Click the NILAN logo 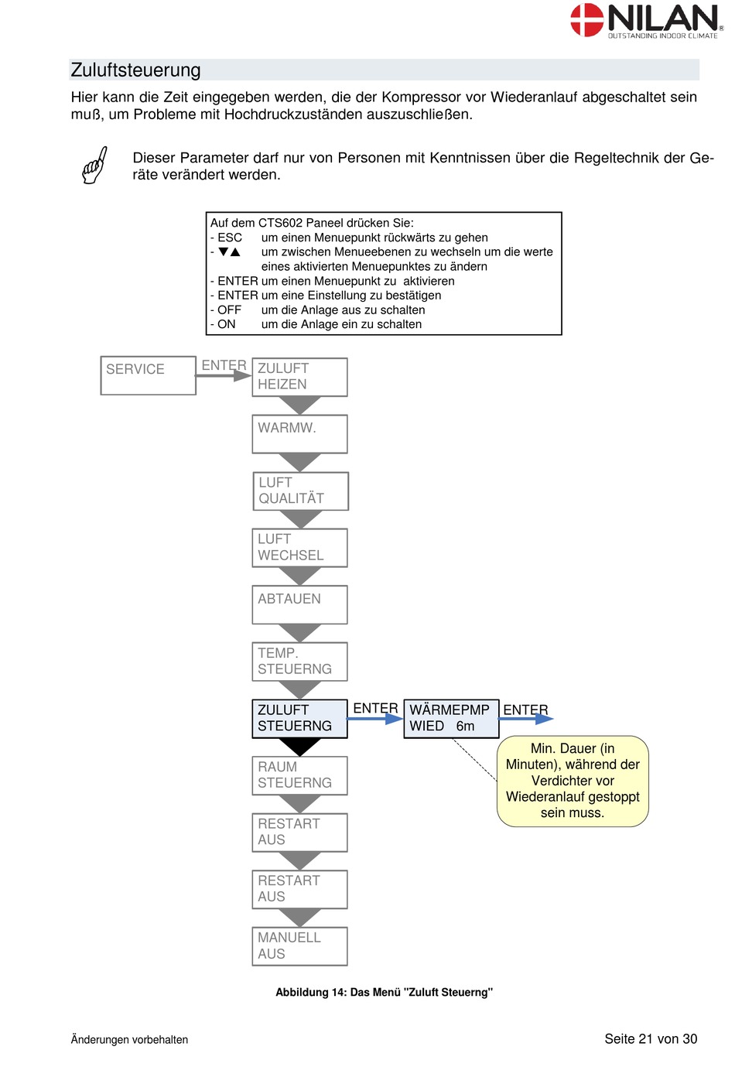coord(646,21)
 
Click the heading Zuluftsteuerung coord(135,70)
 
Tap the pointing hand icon coord(94,165)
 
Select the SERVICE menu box coord(148,375)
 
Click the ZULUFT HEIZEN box coord(299,377)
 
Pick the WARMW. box coord(299,433)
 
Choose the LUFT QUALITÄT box coord(300,491)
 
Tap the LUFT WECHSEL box coord(299,547)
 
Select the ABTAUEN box coord(299,604)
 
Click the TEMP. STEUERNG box coord(299,661)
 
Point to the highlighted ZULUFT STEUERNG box coord(299,718)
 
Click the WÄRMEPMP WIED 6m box coord(451,718)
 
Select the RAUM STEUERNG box coord(299,775)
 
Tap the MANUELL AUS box coord(299,946)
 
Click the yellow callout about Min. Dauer coord(572,781)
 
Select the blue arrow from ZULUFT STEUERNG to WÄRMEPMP coord(375,718)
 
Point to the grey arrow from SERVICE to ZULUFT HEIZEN coord(224,376)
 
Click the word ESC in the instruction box coord(230,238)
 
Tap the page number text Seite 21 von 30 coord(650,1038)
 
